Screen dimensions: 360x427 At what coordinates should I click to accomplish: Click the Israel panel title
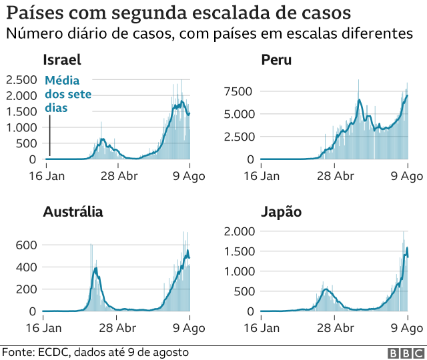point(62,60)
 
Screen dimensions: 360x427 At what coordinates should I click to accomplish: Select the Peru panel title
point(276,60)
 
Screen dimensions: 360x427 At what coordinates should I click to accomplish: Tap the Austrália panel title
point(73,212)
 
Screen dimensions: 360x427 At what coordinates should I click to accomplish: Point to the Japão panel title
point(281,212)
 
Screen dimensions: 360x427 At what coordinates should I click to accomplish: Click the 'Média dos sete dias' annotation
point(67,94)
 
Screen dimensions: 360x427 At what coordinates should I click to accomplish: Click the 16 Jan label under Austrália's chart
point(43,328)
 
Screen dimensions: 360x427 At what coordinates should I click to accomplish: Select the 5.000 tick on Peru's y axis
point(240,114)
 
